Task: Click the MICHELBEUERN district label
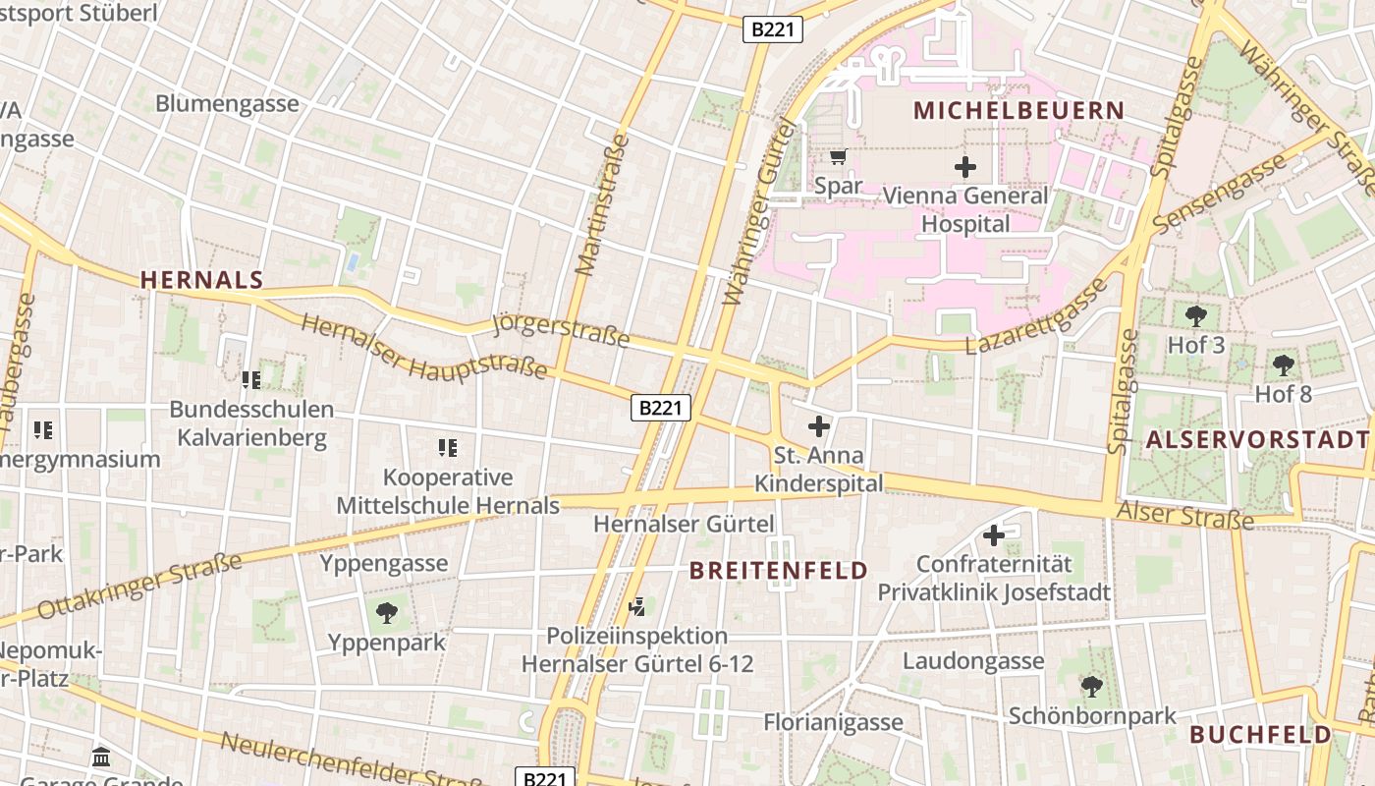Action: tap(1018, 110)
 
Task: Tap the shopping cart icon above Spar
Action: tap(838, 156)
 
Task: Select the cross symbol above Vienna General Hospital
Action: tap(965, 167)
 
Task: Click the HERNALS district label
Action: tap(202, 280)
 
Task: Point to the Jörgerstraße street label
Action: tap(560, 332)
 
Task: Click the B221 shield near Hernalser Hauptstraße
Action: tap(661, 408)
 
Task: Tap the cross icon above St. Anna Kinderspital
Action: tap(818, 426)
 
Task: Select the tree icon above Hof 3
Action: tap(1195, 316)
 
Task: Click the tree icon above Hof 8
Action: tap(1283, 365)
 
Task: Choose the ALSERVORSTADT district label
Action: tap(1257, 439)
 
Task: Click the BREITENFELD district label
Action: tap(778, 571)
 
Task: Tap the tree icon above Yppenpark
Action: tap(387, 613)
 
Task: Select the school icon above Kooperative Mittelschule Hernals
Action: tap(448, 448)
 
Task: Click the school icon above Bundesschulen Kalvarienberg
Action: tap(251, 379)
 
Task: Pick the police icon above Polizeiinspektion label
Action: tap(636, 605)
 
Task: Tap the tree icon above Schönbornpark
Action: tap(1091, 686)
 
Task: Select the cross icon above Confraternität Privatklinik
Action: tap(994, 535)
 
